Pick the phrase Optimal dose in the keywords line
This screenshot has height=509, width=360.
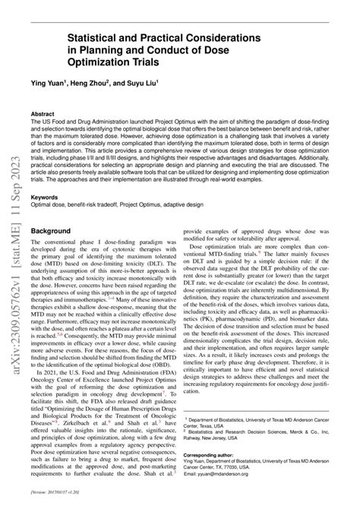pos(48,204)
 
